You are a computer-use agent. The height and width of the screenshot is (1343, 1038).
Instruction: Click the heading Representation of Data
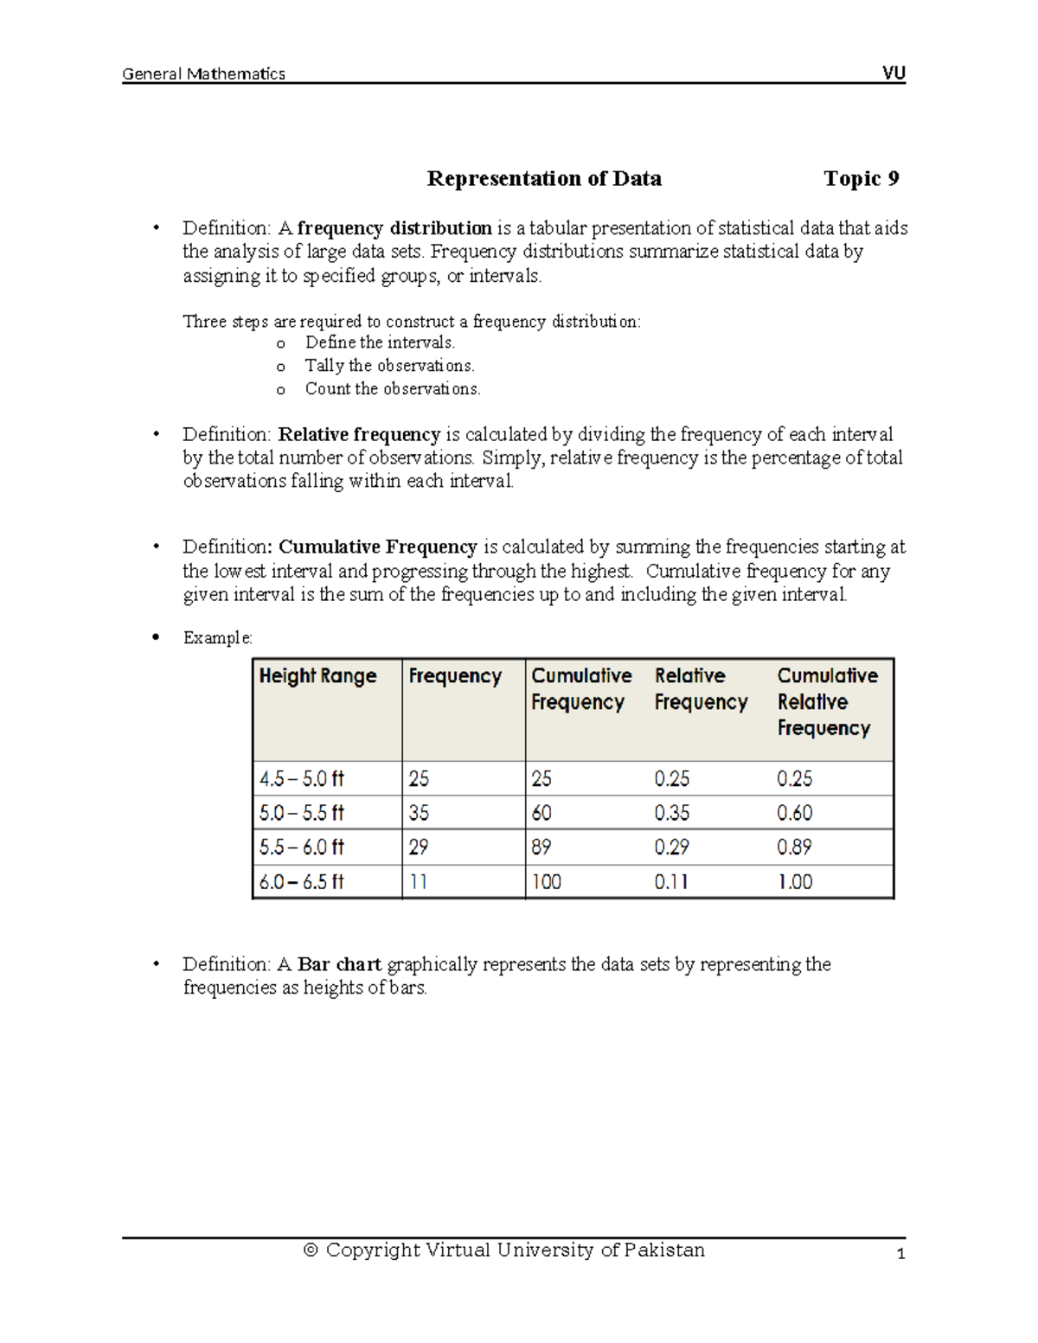[544, 179]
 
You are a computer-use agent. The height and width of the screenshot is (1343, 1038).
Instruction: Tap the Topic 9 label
[861, 179]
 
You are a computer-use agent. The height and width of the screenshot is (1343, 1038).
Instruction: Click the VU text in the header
[894, 74]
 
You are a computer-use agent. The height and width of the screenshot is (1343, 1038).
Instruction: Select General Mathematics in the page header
[203, 74]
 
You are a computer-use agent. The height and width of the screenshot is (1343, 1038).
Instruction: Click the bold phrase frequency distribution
[394, 228]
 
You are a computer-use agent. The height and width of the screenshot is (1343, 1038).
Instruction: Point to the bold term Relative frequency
[359, 434]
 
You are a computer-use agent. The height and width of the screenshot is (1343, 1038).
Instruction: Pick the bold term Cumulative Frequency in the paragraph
[377, 547]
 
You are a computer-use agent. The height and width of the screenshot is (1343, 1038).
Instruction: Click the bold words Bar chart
[339, 964]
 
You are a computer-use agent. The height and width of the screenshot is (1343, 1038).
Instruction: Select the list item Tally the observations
[389, 366]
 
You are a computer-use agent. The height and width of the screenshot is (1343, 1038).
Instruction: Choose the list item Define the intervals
[380, 342]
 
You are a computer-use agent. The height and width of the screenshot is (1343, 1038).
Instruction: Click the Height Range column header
[317, 676]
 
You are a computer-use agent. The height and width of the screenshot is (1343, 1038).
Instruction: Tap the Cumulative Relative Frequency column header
[826, 701]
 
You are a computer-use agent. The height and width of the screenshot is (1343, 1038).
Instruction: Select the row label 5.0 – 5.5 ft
[301, 813]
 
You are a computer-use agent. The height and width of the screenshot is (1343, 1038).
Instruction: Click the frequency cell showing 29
[419, 847]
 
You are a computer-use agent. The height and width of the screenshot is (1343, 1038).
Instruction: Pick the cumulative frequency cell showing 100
[546, 882]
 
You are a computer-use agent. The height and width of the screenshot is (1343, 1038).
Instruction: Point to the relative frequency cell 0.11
[671, 882]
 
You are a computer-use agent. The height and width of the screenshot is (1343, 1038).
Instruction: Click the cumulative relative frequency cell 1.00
[794, 882]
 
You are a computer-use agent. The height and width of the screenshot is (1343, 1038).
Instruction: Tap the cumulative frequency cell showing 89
[541, 847]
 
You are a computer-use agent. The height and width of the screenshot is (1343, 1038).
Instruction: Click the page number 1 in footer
[900, 1254]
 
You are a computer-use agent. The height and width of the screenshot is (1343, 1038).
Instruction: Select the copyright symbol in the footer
[311, 1250]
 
